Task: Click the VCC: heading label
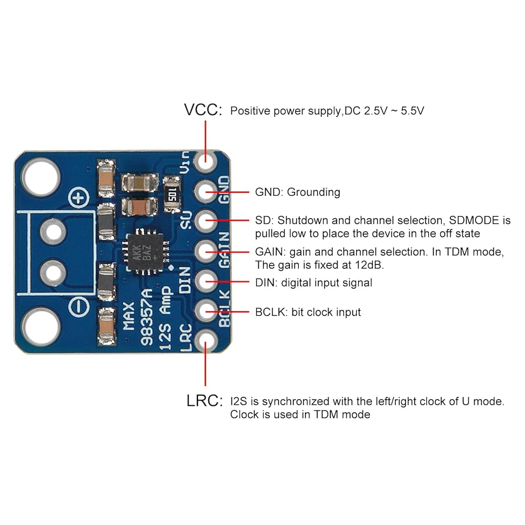pos(203,110)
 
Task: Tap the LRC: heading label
pos(204,401)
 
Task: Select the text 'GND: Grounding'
pos(297,192)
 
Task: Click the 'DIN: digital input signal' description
pos(313,283)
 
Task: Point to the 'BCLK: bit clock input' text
pos(308,312)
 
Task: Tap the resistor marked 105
pos(172,195)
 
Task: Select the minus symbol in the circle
pos(79,307)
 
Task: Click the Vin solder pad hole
pos(206,161)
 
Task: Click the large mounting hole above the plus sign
pos(41,177)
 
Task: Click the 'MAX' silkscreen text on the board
pos(129,316)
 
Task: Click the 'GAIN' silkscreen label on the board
pos(224,250)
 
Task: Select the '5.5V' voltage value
pos(412,111)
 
